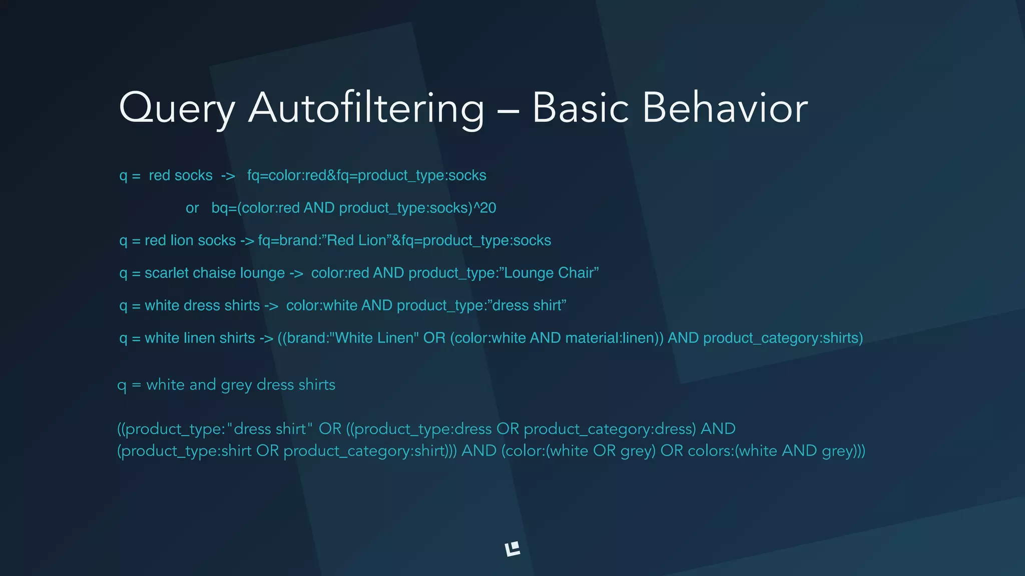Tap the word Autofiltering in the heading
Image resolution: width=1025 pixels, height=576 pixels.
(366, 108)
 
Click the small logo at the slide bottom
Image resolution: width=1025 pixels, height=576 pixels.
(512, 549)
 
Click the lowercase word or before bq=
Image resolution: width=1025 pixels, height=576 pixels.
(192, 208)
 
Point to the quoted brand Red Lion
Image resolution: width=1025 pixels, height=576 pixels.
(356, 240)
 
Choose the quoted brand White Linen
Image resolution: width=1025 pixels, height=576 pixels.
(377, 338)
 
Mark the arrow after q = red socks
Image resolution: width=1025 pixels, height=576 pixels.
(228, 176)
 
